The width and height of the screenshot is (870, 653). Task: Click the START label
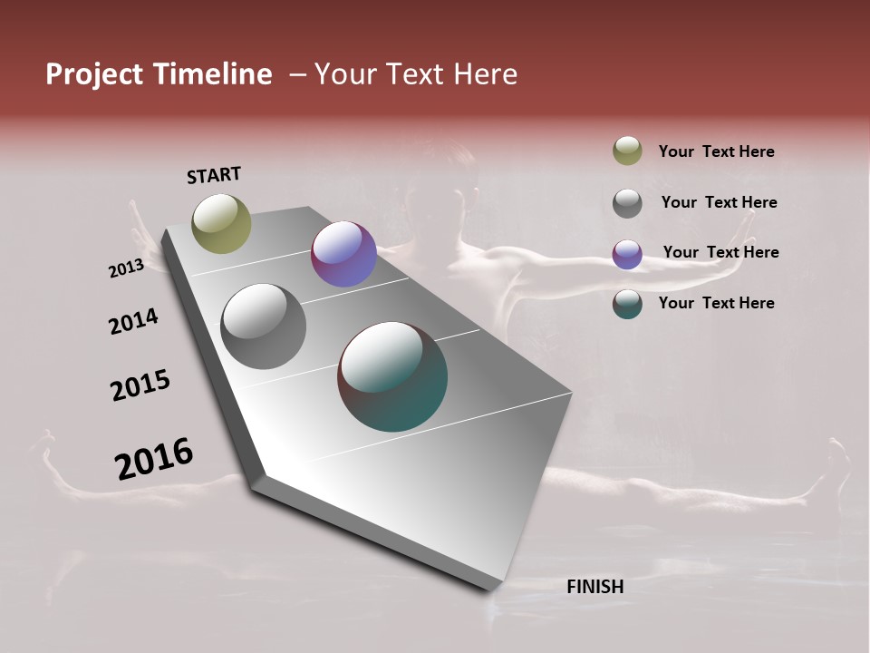[214, 174]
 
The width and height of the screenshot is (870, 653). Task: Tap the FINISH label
[594, 587]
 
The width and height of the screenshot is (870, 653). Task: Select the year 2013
[126, 268]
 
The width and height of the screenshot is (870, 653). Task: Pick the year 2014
[133, 321]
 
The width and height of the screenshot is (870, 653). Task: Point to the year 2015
[140, 385]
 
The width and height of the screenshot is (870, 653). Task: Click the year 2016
[154, 459]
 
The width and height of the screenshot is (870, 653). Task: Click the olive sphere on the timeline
[221, 223]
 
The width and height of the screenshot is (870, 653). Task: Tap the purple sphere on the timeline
[343, 254]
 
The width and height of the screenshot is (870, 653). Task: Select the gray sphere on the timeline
[263, 326]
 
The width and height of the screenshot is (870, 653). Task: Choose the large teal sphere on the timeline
[392, 376]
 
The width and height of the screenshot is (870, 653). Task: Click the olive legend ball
[627, 151]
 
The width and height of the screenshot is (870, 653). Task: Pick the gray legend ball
[627, 203]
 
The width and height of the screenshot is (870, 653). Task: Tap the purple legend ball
[627, 254]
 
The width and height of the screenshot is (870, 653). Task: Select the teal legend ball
[627, 304]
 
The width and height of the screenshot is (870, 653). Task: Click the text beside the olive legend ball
[716, 151]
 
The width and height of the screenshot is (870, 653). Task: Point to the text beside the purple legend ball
[720, 252]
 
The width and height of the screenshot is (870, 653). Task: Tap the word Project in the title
[93, 74]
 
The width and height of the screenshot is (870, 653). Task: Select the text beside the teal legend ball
[716, 303]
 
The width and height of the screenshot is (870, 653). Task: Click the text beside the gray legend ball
[719, 202]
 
